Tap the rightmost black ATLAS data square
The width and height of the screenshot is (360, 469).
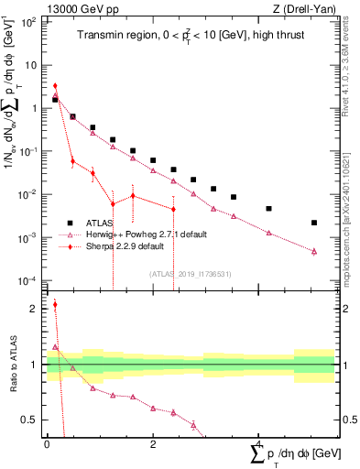pos(314,223)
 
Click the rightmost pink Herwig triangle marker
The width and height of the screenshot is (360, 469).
pos(314,251)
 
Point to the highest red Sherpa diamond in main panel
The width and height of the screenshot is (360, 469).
pos(55,86)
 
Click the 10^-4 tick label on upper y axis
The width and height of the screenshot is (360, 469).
pos(29,280)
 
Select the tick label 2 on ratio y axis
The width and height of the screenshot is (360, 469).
pos(35,309)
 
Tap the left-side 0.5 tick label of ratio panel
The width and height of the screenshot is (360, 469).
pos(31,420)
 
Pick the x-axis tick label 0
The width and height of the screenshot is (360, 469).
pos(47,443)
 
